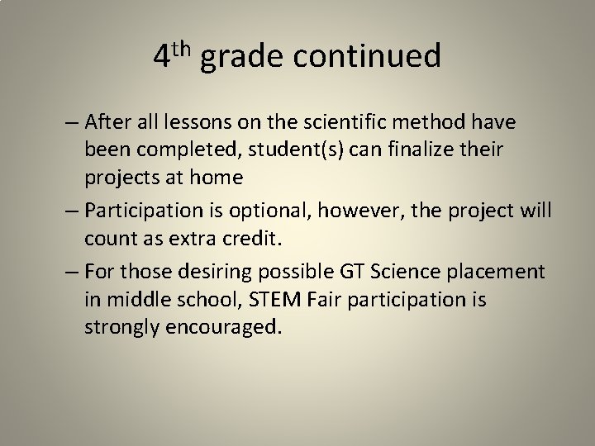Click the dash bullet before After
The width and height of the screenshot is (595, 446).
coord(72,124)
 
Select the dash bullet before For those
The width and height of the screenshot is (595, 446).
coord(72,272)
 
